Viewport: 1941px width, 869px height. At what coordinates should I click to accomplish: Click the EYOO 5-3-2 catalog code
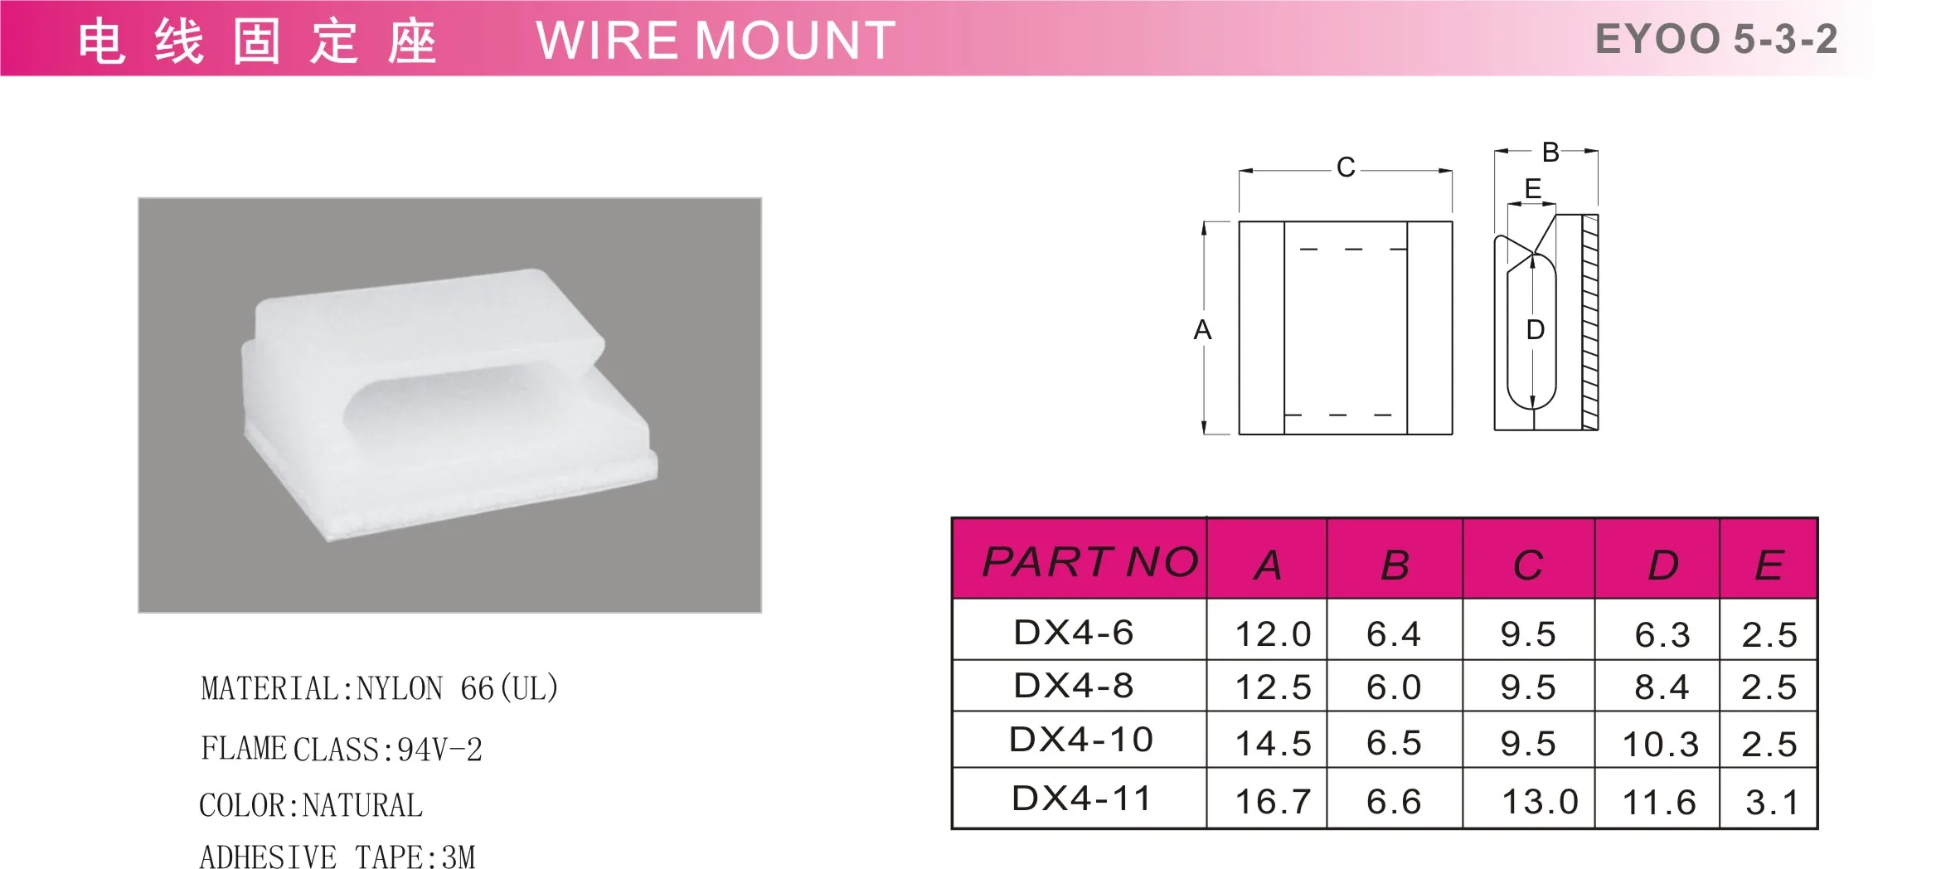(x=1715, y=40)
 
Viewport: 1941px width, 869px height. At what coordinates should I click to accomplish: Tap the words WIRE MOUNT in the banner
(x=715, y=41)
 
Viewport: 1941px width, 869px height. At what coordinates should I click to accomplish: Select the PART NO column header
(x=1089, y=562)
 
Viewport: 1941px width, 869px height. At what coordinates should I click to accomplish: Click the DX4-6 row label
(x=1073, y=633)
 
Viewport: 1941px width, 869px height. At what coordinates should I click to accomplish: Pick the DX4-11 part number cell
(x=1081, y=799)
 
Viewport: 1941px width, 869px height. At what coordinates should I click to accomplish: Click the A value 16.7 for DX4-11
(x=1273, y=802)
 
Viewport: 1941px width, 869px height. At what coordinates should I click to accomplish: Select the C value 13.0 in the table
(x=1539, y=802)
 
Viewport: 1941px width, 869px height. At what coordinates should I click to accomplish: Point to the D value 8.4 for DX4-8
(x=1661, y=687)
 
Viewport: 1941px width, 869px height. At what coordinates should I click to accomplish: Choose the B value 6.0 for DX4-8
(x=1393, y=687)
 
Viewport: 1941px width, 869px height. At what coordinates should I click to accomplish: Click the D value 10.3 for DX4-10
(x=1660, y=745)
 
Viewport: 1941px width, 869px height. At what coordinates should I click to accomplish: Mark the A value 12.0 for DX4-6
(x=1273, y=635)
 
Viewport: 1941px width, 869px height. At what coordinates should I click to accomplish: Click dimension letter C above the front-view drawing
(x=1346, y=167)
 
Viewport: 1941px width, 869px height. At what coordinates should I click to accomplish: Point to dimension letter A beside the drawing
(x=1202, y=330)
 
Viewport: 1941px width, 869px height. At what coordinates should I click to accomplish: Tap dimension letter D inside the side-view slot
(x=1536, y=330)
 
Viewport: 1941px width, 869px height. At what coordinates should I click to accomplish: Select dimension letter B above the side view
(x=1550, y=153)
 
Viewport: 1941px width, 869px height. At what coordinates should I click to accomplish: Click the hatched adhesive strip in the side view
(x=1589, y=323)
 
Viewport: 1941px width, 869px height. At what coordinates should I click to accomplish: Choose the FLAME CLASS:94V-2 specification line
(x=341, y=749)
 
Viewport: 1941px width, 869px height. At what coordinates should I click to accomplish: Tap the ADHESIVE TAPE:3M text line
(x=337, y=856)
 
